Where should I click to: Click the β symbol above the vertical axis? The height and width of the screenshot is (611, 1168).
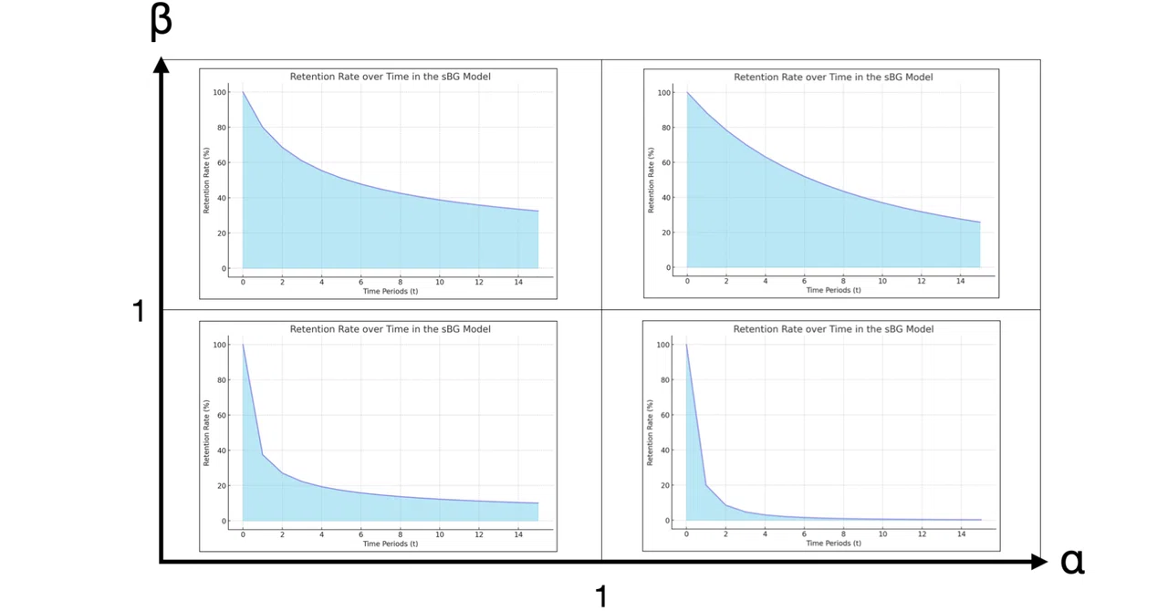click(x=162, y=22)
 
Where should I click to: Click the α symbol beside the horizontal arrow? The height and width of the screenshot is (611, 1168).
click(x=1072, y=562)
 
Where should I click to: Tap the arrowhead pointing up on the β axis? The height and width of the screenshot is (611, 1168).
click(x=162, y=65)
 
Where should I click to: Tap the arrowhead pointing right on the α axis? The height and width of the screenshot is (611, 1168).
click(x=1039, y=562)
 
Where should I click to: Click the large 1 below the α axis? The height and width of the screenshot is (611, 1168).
click(x=601, y=595)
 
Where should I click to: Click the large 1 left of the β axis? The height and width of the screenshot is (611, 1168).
click(x=138, y=311)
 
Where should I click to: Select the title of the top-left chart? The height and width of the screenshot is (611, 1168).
click(x=390, y=77)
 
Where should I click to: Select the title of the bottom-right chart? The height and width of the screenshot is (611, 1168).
click(x=833, y=329)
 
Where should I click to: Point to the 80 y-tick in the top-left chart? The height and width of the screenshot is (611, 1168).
click(x=222, y=128)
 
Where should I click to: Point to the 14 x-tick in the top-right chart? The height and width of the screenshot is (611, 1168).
click(x=960, y=281)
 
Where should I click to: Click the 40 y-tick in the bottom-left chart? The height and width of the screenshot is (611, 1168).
click(x=222, y=450)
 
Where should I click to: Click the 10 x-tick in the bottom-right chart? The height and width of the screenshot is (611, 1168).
click(x=882, y=533)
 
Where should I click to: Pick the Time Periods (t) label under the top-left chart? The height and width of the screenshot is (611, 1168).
click(x=391, y=291)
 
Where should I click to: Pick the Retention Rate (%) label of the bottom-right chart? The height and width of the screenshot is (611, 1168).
click(x=650, y=432)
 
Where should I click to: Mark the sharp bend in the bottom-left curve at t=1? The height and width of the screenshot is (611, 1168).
click(x=262, y=455)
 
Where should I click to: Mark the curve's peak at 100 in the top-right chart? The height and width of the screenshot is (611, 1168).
click(x=687, y=93)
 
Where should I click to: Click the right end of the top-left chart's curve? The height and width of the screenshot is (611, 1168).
click(x=538, y=212)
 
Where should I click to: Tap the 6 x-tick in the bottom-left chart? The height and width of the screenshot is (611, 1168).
click(x=360, y=534)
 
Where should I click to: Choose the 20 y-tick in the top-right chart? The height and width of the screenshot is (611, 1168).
click(x=666, y=233)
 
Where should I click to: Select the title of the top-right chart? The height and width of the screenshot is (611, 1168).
click(x=833, y=78)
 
